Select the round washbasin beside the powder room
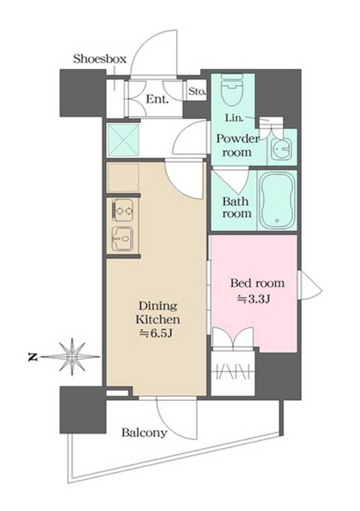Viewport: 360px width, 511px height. [x=281, y=149]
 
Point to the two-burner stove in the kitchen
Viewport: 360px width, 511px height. [x=123, y=210]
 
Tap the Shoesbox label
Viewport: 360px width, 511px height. [x=99, y=59]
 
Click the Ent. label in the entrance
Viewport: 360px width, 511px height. [x=157, y=99]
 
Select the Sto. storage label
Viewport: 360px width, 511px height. [x=198, y=92]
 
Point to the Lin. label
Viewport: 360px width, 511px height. [x=234, y=118]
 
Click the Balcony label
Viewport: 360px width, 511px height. [x=144, y=433]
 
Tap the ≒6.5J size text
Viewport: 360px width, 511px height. [x=156, y=333]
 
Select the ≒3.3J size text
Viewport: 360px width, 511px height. [x=253, y=299]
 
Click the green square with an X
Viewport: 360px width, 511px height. [x=123, y=140]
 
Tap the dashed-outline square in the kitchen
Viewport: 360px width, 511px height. [x=123, y=177]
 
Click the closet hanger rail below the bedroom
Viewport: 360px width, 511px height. [x=233, y=372]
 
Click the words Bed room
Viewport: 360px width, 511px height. [x=257, y=283]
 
